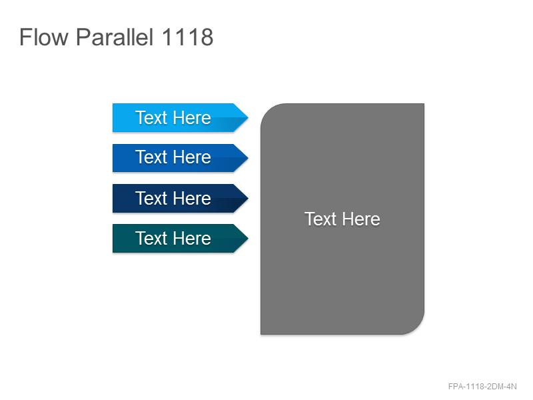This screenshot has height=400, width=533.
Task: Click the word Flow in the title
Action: point(44,37)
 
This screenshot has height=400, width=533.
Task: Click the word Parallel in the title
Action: point(115,37)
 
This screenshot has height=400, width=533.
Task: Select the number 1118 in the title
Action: point(188,37)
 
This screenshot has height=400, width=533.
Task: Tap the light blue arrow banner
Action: point(180,118)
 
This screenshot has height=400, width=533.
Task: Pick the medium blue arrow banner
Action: point(180,158)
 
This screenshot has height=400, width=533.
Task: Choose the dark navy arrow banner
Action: point(180,198)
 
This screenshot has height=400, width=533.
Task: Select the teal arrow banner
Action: point(180,239)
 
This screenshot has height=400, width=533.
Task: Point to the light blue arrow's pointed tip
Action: point(248,118)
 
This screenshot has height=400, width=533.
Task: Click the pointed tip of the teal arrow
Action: point(248,239)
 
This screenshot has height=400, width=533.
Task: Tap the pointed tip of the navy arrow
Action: point(248,198)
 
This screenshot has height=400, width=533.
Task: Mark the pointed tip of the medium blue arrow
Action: point(248,158)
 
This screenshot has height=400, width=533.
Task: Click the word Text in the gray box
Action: point(320,219)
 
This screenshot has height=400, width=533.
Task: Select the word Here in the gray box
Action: point(361,219)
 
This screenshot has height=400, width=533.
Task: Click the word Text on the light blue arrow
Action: point(151,118)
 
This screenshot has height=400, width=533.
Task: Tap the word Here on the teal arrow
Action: point(192,238)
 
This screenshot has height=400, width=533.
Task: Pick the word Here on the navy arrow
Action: point(192,198)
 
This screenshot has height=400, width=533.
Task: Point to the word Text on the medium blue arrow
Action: point(151,157)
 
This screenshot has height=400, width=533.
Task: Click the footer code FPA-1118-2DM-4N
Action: point(482,387)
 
